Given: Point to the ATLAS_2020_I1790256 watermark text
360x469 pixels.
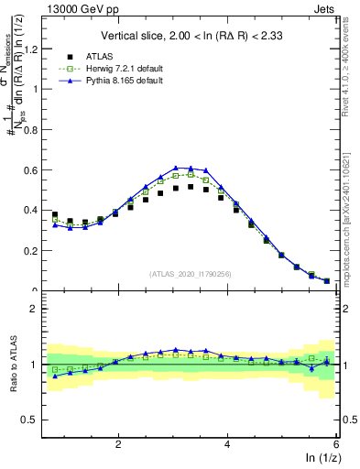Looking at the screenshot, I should (191, 274).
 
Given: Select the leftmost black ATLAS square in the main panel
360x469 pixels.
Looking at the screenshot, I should (55, 214).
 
